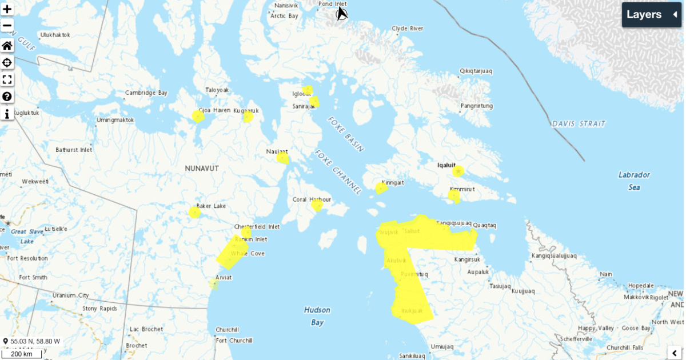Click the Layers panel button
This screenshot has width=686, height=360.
pyautogui.click(x=651, y=15)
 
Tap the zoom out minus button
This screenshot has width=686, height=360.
pyautogui.click(x=7, y=25)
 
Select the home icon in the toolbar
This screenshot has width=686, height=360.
pyautogui.click(x=7, y=46)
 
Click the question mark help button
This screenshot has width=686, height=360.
pyautogui.click(x=7, y=97)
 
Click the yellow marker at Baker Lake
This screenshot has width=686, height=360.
pyautogui.click(x=194, y=213)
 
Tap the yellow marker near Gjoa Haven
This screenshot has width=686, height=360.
pyautogui.click(x=198, y=117)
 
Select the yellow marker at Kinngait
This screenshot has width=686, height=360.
pyautogui.click(x=381, y=188)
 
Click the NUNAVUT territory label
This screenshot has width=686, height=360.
pyautogui.click(x=202, y=169)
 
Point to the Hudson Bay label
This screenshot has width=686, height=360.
pyautogui.click(x=317, y=316)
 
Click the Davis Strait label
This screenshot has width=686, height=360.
pyautogui.click(x=579, y=123)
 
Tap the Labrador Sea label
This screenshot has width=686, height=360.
pyautogui.click(x=634, y=181)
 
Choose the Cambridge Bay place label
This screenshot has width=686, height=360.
pyautogui.click(x=146, y=93)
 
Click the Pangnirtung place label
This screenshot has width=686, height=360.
pyautogui.click(x=476, y=106)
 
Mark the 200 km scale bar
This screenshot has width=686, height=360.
pyautogui.click(x=21, y=354)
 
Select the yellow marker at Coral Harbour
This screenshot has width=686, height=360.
pyautogui.click(x=317, y=205)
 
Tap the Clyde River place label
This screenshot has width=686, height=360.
pyautogui.click(x=407, y=28)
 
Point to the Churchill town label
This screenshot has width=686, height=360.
pyautogui.click(x=227, y=330)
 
